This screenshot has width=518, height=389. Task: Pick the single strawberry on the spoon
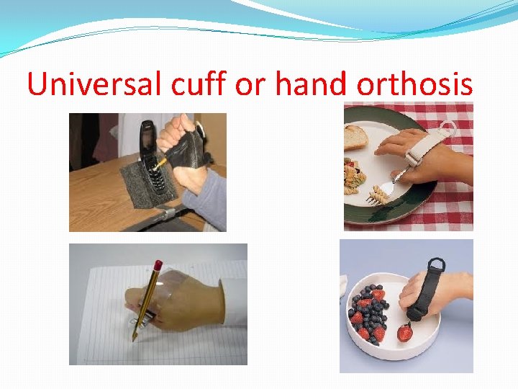click(x=405, y=333)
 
